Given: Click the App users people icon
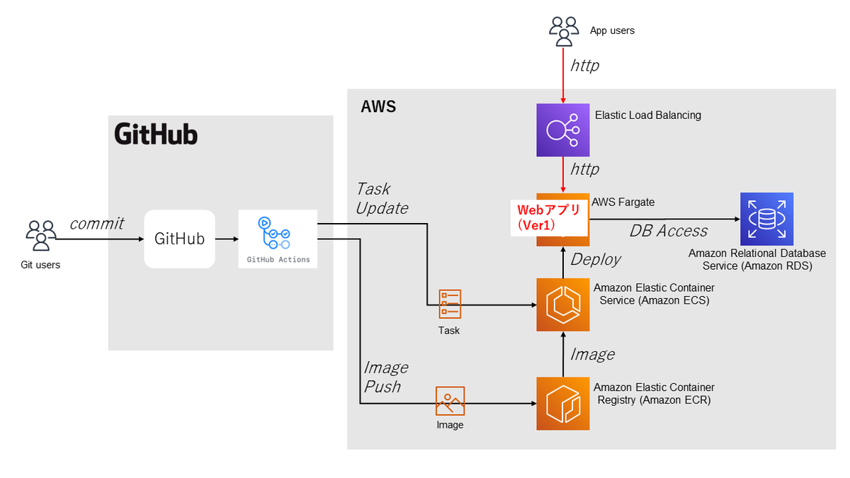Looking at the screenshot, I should tap(565, 31).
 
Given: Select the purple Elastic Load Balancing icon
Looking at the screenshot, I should tap(562, 130).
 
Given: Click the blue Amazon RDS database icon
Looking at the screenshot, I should tap(766, 219).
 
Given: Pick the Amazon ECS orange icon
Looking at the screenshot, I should tap(562, 305).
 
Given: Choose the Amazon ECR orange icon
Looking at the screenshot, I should tap(562, 404).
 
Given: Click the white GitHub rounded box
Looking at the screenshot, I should tap(179, 239).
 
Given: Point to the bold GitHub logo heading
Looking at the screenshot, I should tap(156, 135).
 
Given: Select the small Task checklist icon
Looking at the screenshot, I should tap(450, 303).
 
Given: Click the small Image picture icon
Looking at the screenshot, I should tap(450, 401).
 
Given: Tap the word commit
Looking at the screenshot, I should tap(96, 224).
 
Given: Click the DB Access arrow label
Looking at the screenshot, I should tap(668, 231).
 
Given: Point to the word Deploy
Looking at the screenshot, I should tap(596, 259).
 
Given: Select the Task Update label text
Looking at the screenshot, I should tap(382, 198).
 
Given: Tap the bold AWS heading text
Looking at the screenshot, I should tap(378, 107).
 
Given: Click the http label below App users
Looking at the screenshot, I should tap(585, 65).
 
